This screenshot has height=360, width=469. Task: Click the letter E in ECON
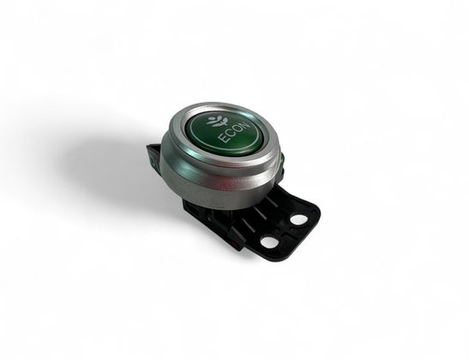(224, 140)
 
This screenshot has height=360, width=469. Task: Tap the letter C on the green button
(231, 134)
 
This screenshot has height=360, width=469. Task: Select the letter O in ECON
(238, 129)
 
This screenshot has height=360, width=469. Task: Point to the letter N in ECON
(244, 125)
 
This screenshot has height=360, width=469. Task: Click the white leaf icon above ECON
(218, 121)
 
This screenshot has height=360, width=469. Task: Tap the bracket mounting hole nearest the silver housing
(268, 242)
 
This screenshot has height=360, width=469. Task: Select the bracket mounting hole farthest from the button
(298, 219)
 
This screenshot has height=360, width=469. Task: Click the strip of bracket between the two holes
(284, 231)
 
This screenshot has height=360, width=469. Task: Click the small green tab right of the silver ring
(281, 159)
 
